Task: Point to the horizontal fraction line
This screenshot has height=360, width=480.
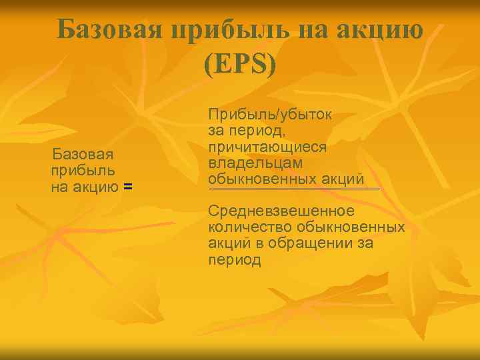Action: pyautogui.click(x=293, y=189)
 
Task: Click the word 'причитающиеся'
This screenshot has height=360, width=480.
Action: pyautogui.click(x=267, y=147)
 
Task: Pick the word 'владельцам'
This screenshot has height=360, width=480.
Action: pyautogui.click(x=255, y=163)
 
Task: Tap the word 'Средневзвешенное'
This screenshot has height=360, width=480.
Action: pyautogui.click(x=281, y=211)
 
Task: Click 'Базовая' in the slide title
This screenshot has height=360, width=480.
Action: pyautogui.click(x=109, y=29)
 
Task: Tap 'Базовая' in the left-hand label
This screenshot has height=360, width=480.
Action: pyautogui.click(x=83, y=155)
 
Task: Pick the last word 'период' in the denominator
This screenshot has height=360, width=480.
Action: pyautogui.click(x=234, y=260)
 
